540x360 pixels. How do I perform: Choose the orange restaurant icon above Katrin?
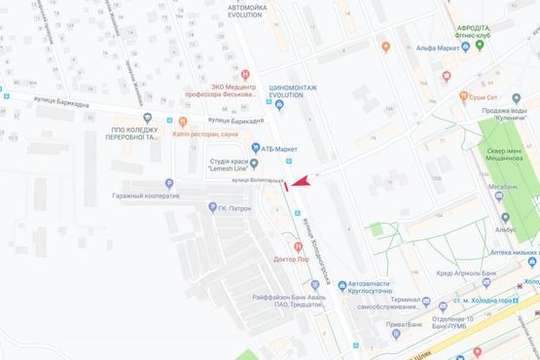point(179,122)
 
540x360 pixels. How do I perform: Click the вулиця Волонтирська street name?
point(257,182)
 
